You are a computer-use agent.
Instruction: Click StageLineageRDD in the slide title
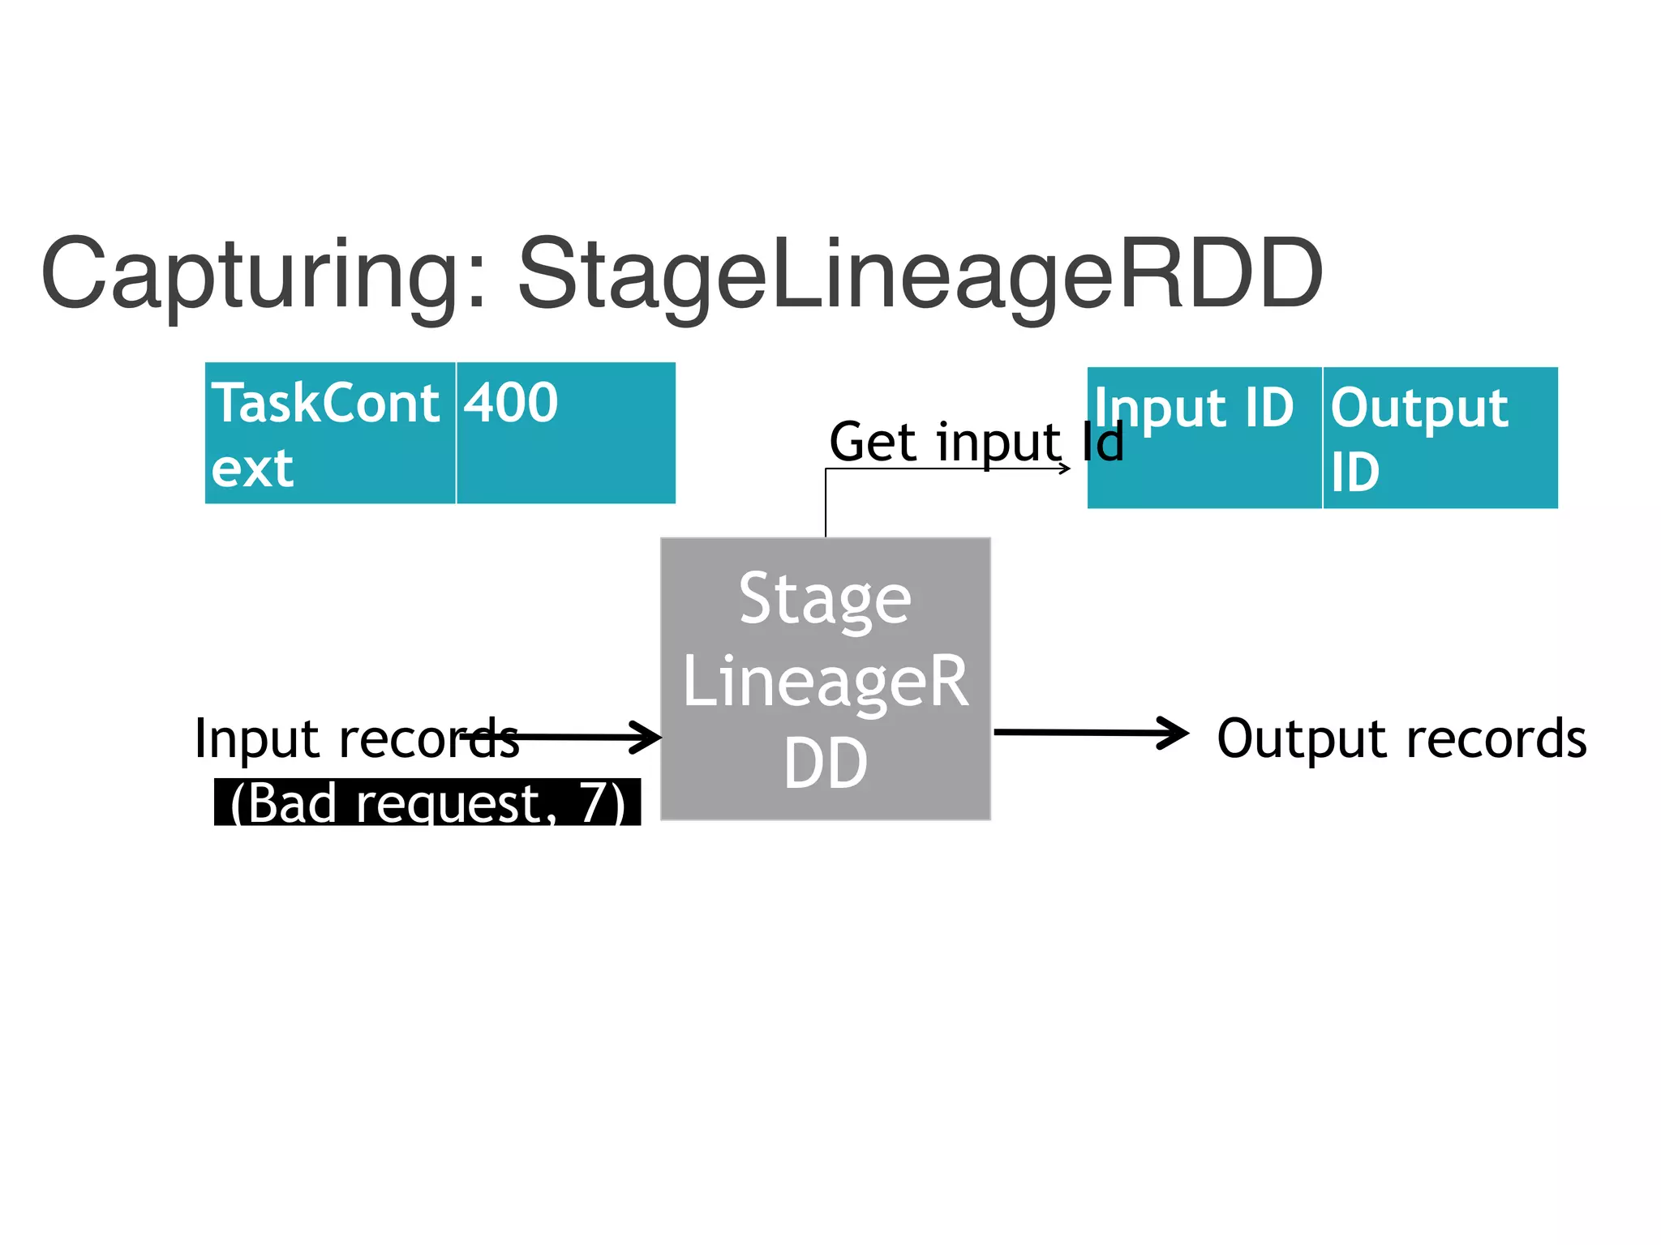click(920, 276)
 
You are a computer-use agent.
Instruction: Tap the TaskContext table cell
click(330, 434)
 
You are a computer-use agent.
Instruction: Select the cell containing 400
click(565, 434)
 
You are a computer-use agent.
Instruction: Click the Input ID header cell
click(1204, 438)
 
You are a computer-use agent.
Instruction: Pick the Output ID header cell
click(1440, 438)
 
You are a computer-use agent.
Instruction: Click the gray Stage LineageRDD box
click(826, 679)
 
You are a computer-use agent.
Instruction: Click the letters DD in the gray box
click(826, 764)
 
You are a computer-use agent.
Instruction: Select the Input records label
click(357, 738)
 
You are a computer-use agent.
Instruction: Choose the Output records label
click(1401, 738)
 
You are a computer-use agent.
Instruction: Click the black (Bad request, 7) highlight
click(427, 802)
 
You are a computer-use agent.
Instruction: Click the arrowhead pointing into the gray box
click(649, 738)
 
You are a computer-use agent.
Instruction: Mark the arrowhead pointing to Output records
click(1176, 733)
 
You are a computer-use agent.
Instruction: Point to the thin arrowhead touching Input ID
click(1065, 468)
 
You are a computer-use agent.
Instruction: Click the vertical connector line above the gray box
click(826, 503)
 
